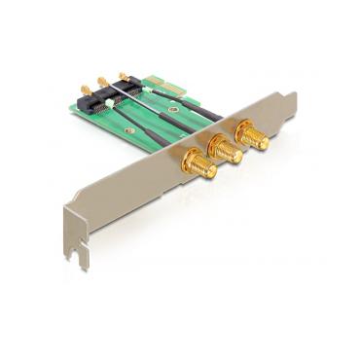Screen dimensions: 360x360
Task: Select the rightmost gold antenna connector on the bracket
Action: [x=252, y=137]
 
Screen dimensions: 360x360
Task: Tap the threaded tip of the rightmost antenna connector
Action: [x=262, y=145]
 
